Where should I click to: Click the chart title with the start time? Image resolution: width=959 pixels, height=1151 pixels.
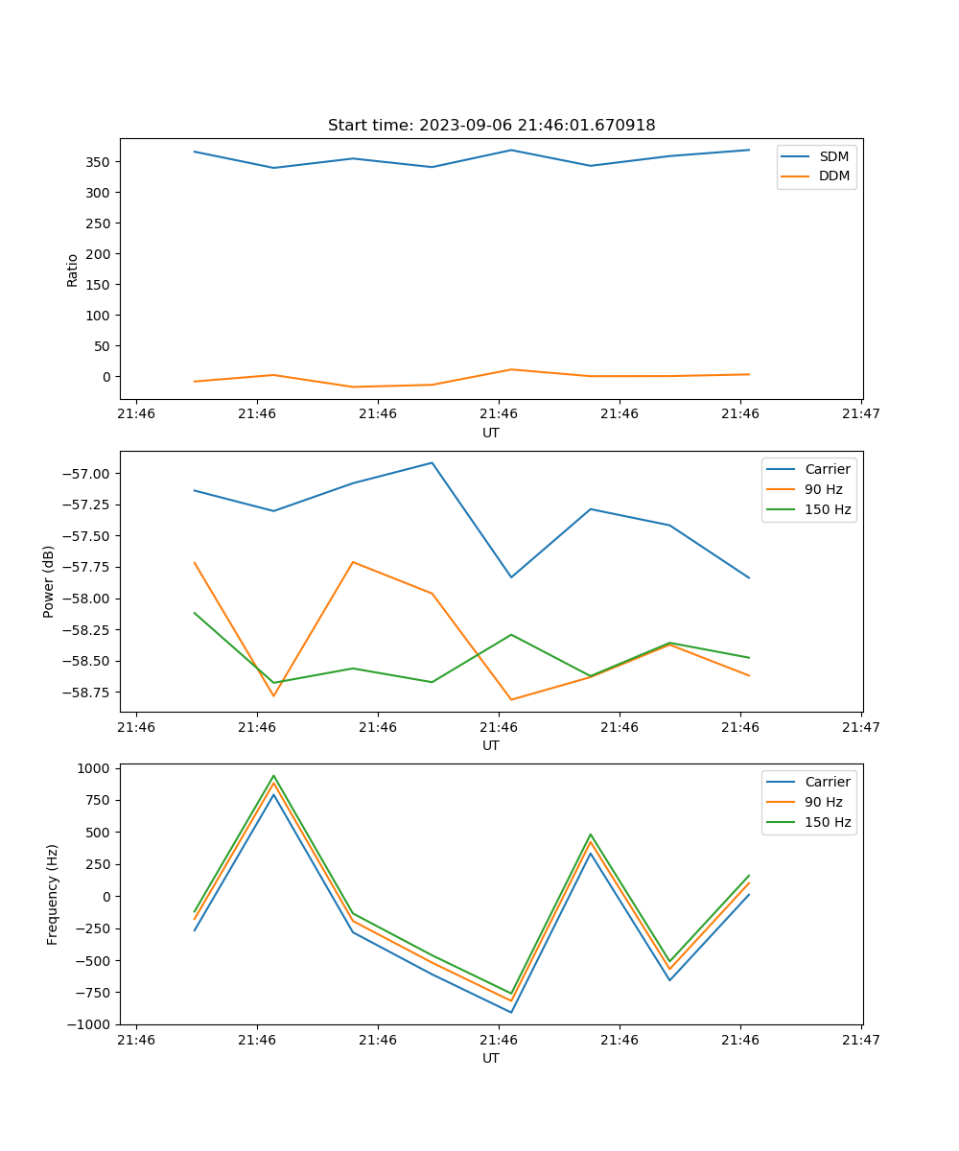click(491, 126)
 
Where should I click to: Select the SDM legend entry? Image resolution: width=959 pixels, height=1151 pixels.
click(833, 156)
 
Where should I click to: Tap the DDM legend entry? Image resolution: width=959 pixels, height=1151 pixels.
click(833, 176)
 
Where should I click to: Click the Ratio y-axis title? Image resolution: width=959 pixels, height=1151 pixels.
click(73, 270)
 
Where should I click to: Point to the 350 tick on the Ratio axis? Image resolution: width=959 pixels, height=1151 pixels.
click(97, 162)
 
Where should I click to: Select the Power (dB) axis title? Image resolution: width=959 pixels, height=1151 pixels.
click(49, 581)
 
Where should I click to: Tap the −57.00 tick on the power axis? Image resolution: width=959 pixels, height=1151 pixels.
click(88, 474)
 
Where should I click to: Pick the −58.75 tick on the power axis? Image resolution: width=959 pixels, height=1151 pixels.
click(88, 693)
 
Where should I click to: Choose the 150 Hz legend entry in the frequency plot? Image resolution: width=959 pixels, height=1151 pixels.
click(828, 822)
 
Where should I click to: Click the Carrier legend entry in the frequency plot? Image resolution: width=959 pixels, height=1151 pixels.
click(828, 782)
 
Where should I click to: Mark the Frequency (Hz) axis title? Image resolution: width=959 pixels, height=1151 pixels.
click(53, 894)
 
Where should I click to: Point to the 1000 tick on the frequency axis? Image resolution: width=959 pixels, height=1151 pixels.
click(96, 768)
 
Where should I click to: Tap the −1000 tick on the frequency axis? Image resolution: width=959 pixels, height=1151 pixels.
click(92, 1024)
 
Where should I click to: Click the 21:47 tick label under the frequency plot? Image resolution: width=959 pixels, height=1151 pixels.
click(861, 1039)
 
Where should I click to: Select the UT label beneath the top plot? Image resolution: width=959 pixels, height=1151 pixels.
click(491, 433)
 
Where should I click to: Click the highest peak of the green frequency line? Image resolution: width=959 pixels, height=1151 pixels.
click(273, 776)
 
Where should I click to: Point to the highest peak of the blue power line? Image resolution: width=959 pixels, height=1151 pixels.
click(432, 462)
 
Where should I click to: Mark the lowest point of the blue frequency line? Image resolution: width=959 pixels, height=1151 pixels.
click(511, 1012)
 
